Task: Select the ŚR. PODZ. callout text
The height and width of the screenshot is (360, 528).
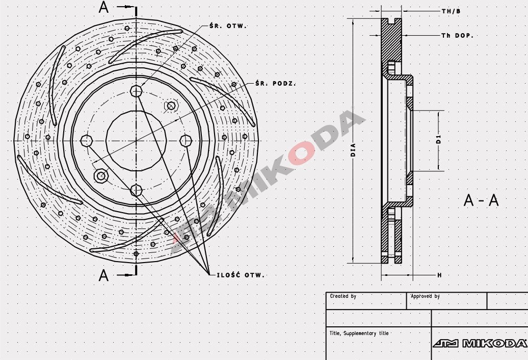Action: click(x=276, y=83)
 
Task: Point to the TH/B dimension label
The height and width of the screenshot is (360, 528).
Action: click(x=451, y=11)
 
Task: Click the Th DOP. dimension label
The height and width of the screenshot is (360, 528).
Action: click(x=457, y=36)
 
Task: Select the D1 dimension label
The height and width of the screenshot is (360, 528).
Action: click(x=438, y=140)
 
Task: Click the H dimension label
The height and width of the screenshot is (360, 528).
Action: click(x=439, y=275)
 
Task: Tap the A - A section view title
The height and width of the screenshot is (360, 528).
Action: click(x=481, y=200)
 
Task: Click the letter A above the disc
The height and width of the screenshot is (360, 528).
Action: click(x=104, y=8)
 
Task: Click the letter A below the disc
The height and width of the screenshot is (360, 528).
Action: click(x=104, y=275)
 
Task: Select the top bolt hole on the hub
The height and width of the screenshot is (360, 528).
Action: click(x=136, y=91)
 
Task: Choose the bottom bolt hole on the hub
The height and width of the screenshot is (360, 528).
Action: click(x=136, y=190)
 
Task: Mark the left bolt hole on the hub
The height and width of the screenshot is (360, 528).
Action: click(x=87, y=140)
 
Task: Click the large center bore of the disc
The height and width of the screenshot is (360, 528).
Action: click(x=136, y=140)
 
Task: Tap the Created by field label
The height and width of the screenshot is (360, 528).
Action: click(x=343, y=296)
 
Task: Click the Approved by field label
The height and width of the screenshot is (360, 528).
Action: click(x=425, y=296)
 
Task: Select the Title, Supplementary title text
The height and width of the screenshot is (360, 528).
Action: click(x=359, y=333)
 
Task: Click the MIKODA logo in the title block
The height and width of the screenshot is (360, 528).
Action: click(x=479, y=343)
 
